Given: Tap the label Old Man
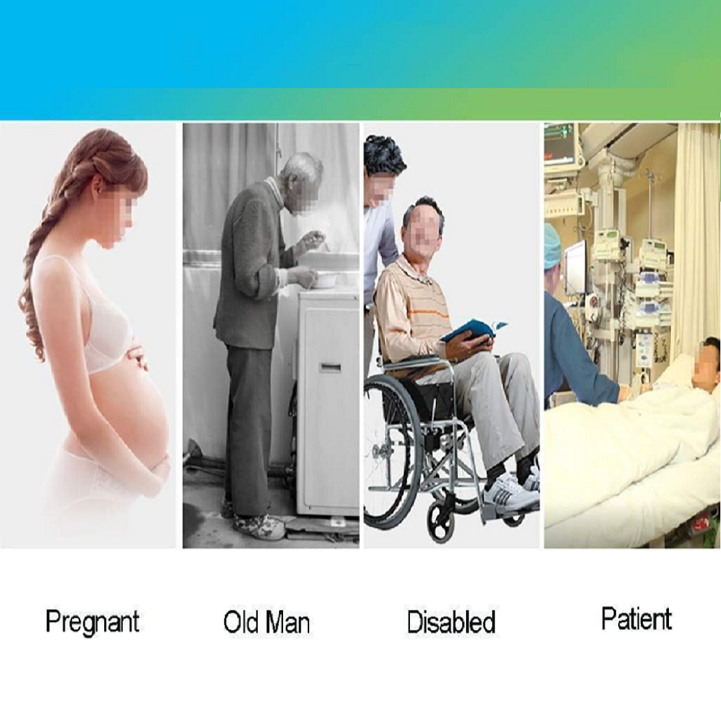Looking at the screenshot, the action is click(x=266, y=622).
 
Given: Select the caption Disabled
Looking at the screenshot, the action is click(x=451, y=622).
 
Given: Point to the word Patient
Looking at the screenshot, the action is click(x=637, y=618).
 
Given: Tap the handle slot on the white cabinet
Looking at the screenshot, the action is click(x=330, y=367).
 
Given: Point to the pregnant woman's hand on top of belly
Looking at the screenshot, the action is click(x=137, y=357).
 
